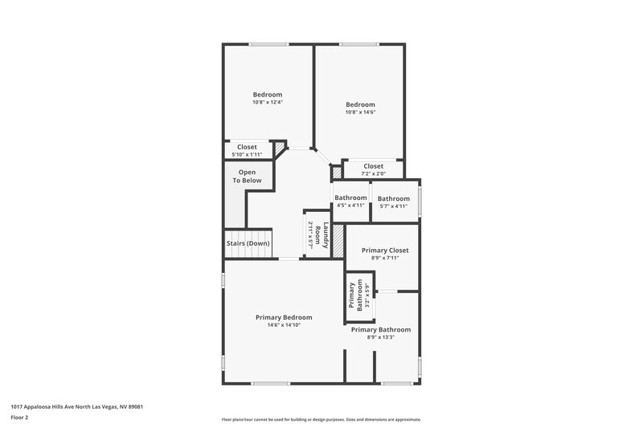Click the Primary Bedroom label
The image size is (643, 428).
[x=284, y=317]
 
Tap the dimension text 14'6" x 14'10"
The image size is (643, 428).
[x=284, y=325]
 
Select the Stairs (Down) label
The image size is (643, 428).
[x=248, y=243]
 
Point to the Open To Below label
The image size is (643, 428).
[x=247, y=176]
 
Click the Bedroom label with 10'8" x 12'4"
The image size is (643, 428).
[x=268, y=94]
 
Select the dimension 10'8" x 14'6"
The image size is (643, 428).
[x=361, y=112]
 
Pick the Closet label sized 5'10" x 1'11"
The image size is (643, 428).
[x=247, y=147]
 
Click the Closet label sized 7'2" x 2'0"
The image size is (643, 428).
[x=374, y=165]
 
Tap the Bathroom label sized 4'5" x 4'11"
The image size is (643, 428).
[x=350, y=198]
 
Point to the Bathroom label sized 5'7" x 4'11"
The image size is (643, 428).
[x=394, y=198]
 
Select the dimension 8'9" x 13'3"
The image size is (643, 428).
[x=381, y=337]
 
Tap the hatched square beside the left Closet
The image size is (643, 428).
[x=280, y=148]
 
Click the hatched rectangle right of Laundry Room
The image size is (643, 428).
[x=338, y=239]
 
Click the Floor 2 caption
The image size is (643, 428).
[x=20, y=418]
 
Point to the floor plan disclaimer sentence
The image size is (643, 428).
[x=321, y=419]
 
